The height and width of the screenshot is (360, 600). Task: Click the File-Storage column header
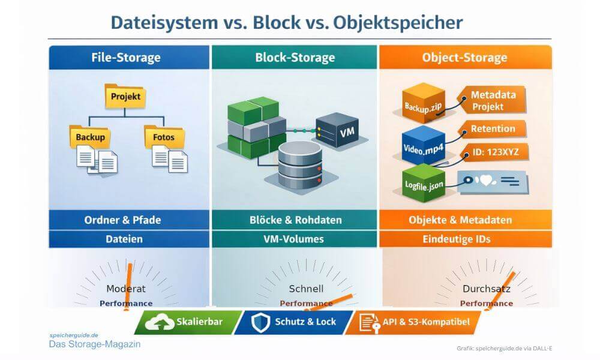point(126,58)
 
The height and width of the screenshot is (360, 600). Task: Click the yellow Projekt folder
point(125,96)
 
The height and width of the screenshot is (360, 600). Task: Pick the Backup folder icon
point(90,136)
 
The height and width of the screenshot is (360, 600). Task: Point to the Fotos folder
point(163,136)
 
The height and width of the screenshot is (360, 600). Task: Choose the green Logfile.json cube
point(423,182)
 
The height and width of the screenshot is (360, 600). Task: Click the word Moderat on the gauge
point(125,289)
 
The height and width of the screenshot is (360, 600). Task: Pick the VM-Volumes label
point(293,239)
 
